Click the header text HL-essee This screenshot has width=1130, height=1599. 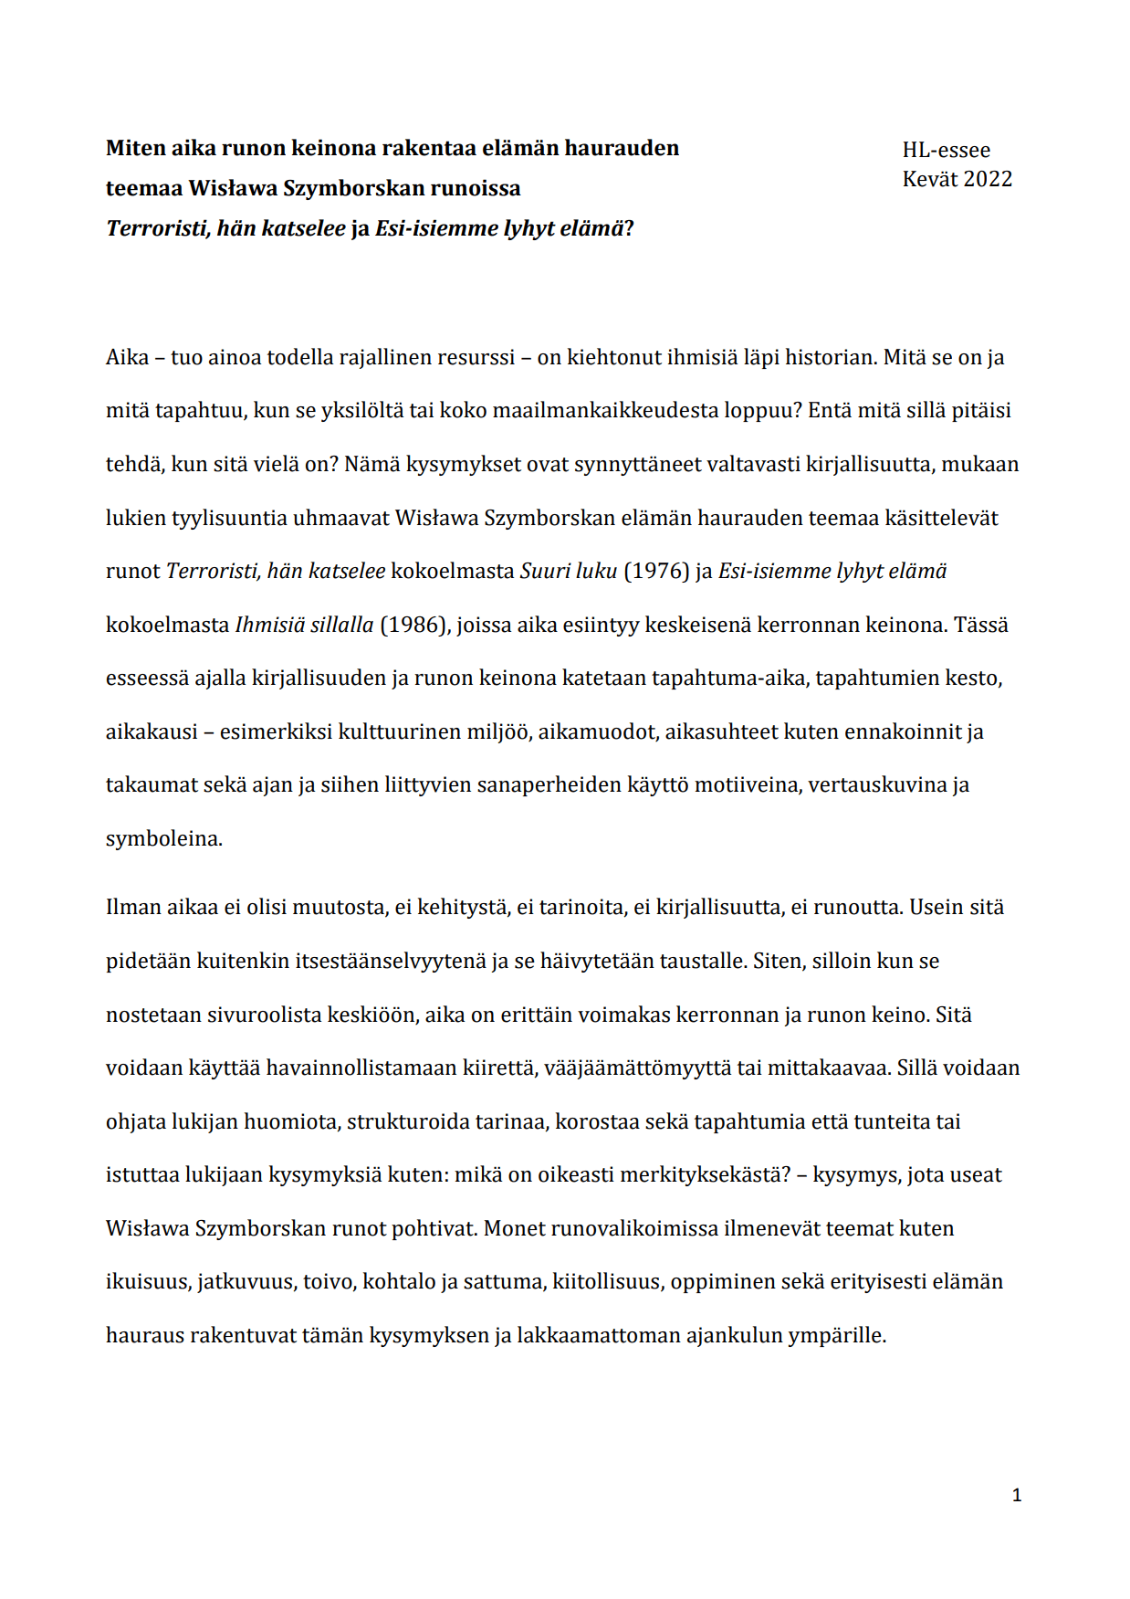pyautogui.click(x=946, y=151)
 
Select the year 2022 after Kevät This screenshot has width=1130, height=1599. pyautogui.click(x=988, y=179)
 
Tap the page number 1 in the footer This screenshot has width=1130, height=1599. pyautogui.click(x=1017, y=1495)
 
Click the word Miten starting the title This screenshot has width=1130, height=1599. pyautogui.click(x=133, y=148)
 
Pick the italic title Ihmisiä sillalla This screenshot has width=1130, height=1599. pyautogui.click(x=304, y=626)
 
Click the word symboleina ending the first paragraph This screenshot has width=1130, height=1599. pyautogui.click(x=163, y=839)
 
